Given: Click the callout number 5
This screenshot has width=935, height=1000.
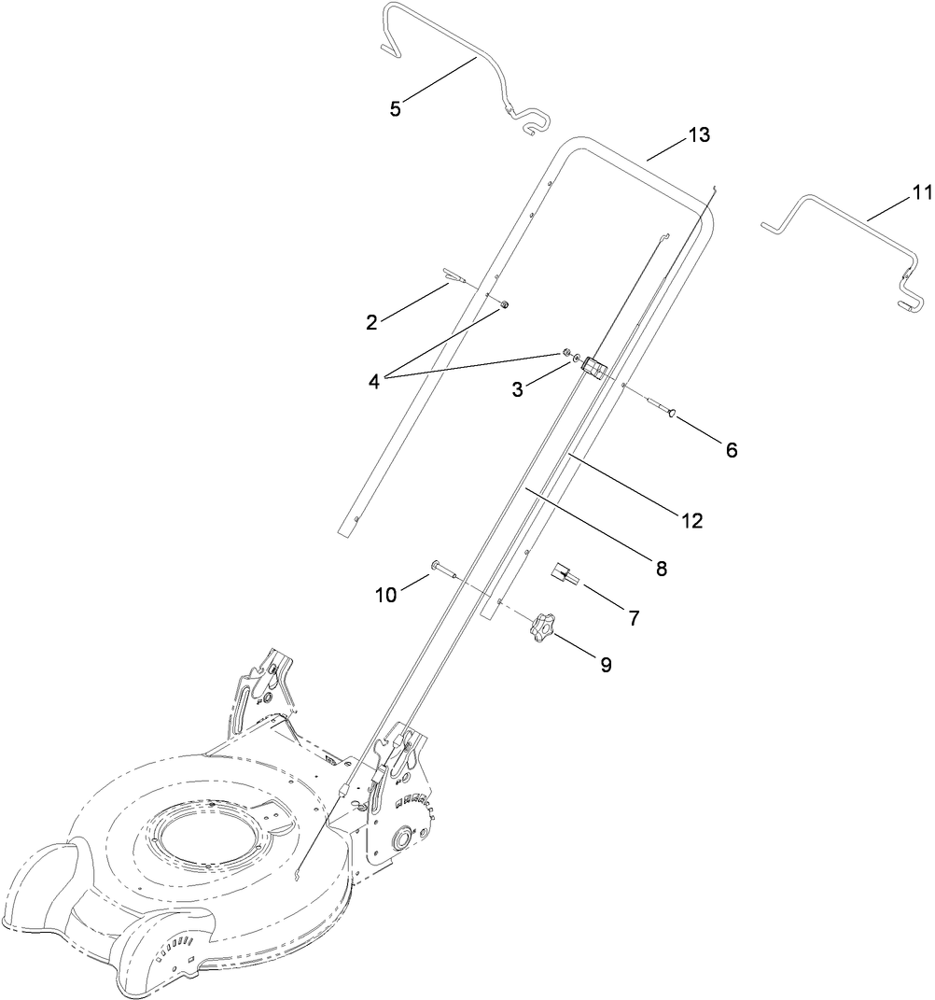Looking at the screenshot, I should click(396, 109).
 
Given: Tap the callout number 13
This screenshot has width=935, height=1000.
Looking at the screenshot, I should click(699, 135).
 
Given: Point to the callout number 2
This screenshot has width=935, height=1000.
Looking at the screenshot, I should click(372, 322).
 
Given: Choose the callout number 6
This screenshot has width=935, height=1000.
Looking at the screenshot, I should click(731, 450).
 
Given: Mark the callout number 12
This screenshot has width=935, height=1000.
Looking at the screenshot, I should click(691, 521).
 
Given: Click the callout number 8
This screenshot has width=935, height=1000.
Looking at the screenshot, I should click(661, 567).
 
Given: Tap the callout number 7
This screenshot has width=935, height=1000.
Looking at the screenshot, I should click(634, 617).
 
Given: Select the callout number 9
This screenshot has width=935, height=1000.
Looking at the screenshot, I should click(606, 666).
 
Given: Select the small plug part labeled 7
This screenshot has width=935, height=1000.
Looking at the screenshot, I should click(565, 575).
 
